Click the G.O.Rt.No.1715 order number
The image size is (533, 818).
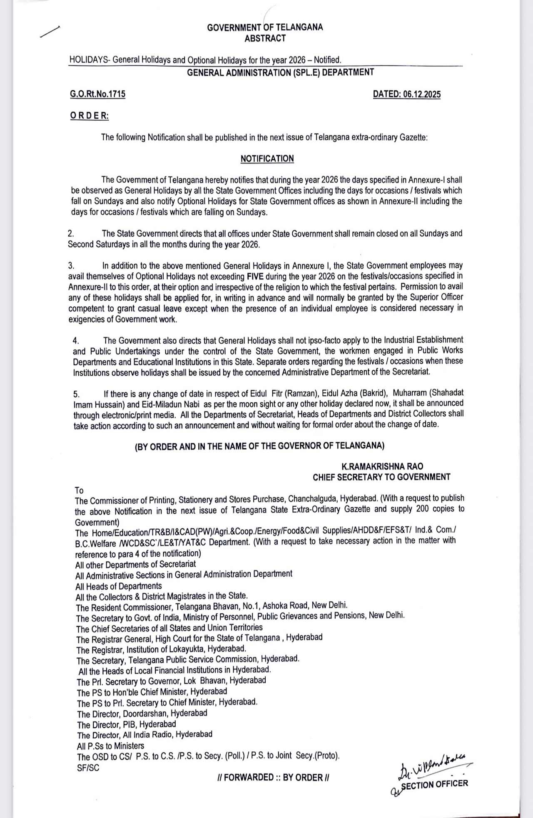point(97,94)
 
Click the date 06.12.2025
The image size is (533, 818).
point(406,94)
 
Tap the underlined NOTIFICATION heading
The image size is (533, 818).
point(267,159)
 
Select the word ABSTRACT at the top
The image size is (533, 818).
point(265,38)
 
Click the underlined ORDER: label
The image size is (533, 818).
point(89,116)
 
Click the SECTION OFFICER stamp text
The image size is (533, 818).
point(434,785)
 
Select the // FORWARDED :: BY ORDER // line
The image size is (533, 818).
point(273,777)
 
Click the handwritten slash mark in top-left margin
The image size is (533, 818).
point(50,32)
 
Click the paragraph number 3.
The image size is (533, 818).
point(71,265)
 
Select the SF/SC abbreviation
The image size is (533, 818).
point(88,768)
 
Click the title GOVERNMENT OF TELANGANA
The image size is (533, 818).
point(265,27)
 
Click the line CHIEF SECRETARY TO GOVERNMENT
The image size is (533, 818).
point(381,477)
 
